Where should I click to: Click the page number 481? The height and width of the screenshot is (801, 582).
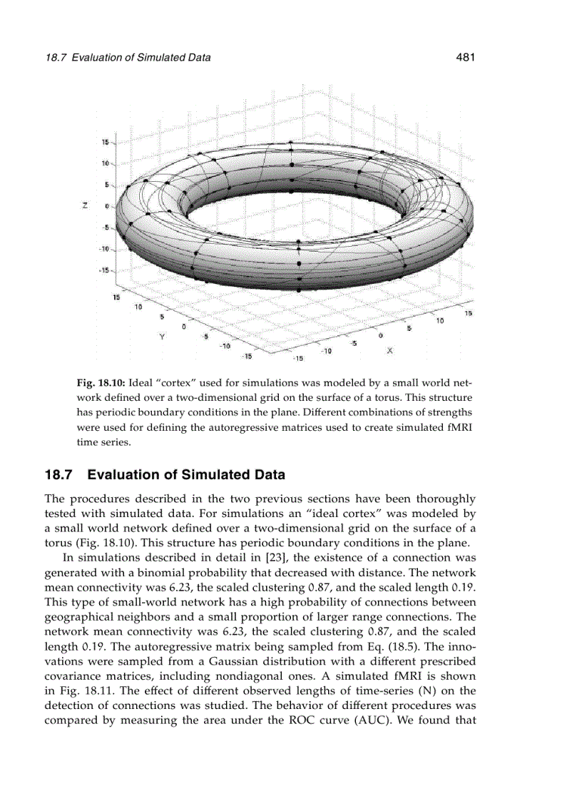[464, 57]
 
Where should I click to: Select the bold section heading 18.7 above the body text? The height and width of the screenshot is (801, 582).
[164, 474]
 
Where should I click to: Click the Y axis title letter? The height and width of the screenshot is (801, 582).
[162, 336]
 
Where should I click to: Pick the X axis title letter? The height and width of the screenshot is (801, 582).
[390, 351]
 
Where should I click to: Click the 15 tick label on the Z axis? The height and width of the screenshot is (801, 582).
[104, 143]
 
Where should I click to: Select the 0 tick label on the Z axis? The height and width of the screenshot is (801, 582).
[106, 207]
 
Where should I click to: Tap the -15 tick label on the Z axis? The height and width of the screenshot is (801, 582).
[103, 271]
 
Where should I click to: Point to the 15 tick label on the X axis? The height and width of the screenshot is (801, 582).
[469, 313]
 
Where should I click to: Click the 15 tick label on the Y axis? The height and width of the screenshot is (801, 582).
[116, 297]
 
